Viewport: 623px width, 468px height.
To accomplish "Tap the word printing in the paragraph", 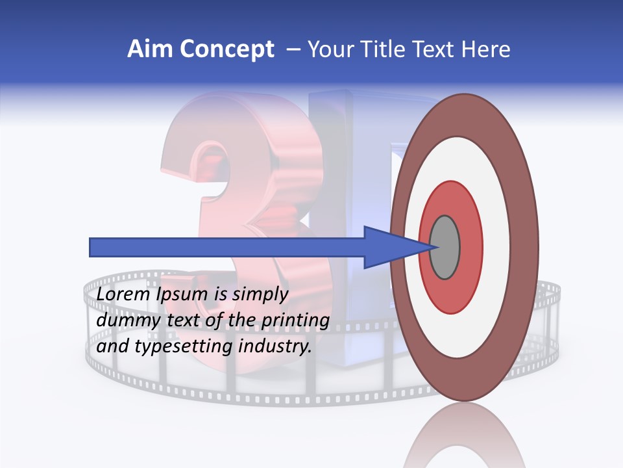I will click(x=295, y=321).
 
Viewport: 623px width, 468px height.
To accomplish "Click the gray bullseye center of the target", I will click(x=445, y=247).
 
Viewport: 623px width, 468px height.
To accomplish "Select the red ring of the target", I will click(x=470, y=247).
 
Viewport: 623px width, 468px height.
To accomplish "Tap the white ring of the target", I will click(x=496, y=247).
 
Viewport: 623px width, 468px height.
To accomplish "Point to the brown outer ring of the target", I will click(x=524, y=247).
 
